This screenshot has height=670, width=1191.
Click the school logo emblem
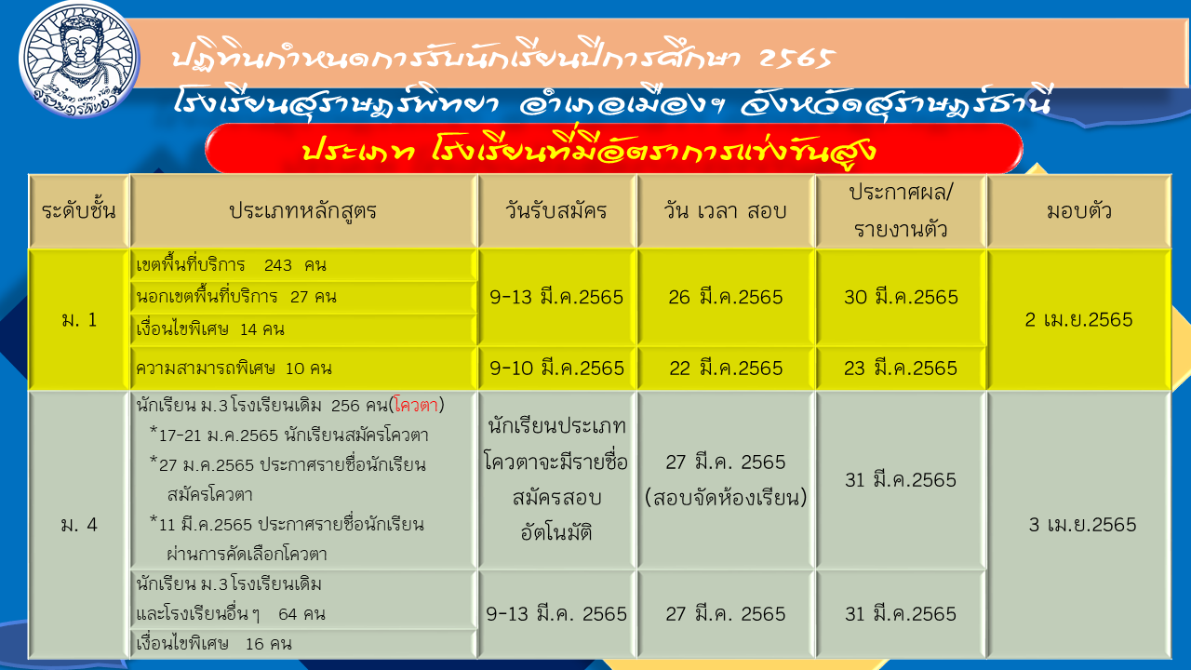pyautogui.click(x=79, y=59)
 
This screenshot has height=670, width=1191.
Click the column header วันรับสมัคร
pyautogui.click(x=556, y=211)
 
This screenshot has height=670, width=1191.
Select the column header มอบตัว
pyautogui.click(x=1078, y=211)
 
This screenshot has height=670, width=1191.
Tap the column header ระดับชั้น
pyautogui.click(x=79, y=211)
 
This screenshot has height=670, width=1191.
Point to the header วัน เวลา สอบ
pyautogui.click(x=725, y=211)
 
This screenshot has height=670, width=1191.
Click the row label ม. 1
pyautogui.click(x=79, y=319)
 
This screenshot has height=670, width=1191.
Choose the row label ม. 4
pyautogui.click(x=79, y=525)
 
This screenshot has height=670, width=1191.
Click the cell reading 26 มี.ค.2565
pyautogui.click(x=726, y=297)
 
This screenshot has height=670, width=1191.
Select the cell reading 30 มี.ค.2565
pyautogui.click(x=902, y=297)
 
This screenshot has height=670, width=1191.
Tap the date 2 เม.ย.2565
pyautogui.click(x=1078, y=319)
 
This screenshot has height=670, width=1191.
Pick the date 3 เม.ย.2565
pyautogui.click(x=1082, y=525)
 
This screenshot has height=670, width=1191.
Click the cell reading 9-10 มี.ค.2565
pyautogui.click(x=556, y=368)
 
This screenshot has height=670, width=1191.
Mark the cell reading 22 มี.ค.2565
pyautogui.click(x=726, y=368)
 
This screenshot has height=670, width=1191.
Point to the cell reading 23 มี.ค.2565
pyautogui.click(x=901, y=368)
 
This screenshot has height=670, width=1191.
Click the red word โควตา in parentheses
pyautogui.click(x=416, y=406)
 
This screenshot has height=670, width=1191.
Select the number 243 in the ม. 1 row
pyautogui.click(x=278, y=265)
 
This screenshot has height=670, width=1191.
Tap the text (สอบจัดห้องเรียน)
pyautogui.click(x=726, y=498)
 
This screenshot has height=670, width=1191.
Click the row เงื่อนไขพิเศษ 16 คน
pyautogui.click(x=214, y=644)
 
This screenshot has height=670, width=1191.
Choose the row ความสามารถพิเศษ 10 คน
pyautogui.click(x=234, y=368)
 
